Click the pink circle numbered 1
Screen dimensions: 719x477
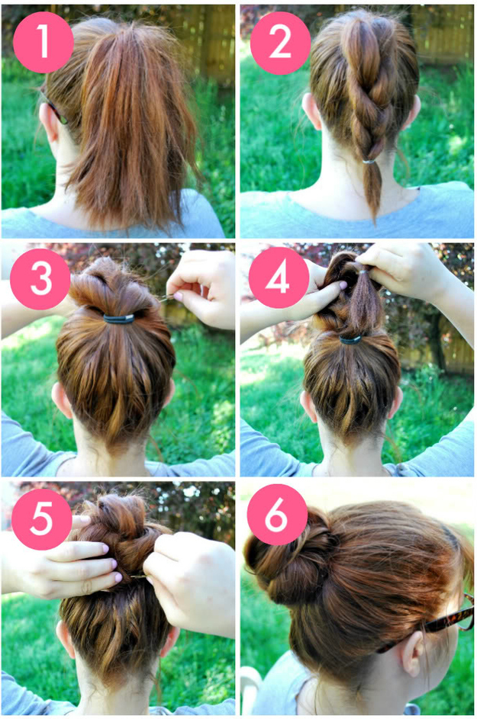point(43,42)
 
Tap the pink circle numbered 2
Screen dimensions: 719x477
point(280,42)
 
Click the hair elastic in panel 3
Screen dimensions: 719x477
point(118,319)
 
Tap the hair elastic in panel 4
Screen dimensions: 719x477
point(351,340)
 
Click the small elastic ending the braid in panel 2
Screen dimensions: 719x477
point(369,161)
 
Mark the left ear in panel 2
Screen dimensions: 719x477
point(311,111)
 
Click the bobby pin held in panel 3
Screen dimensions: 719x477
point(166,299)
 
